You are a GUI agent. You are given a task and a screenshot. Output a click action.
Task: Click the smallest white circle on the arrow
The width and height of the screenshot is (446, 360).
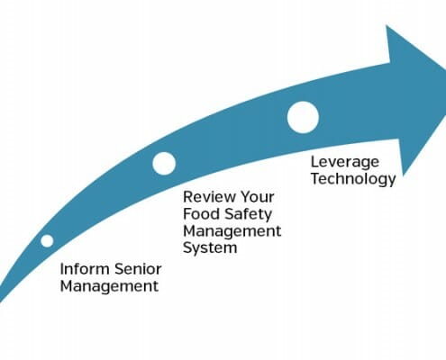pos(47,240)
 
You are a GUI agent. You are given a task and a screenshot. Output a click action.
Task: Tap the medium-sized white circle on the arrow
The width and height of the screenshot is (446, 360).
pos(164,164)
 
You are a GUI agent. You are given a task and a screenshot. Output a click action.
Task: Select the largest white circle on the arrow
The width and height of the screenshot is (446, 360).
pos(303,117)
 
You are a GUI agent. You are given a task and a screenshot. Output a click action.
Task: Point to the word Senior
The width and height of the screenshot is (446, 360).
pos(138,269)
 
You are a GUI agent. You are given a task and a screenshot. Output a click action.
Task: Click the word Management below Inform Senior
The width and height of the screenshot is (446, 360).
pos(109,286)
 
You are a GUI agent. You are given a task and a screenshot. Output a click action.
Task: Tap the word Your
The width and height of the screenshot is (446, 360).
pos(258,197)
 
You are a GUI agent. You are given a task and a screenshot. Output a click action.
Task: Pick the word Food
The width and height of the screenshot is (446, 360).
pos(201,214)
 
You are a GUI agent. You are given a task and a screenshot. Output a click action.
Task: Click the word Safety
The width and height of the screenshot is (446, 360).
pos(248,215)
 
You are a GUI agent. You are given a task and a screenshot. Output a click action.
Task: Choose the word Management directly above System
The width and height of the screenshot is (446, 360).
pos(232,231)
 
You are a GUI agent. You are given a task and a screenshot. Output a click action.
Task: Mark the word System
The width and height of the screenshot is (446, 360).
pos(210,248)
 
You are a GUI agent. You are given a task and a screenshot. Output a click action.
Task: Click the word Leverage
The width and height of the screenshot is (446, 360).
pos(345,163)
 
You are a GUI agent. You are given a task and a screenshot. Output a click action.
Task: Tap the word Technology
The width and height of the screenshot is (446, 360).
pos(353,179)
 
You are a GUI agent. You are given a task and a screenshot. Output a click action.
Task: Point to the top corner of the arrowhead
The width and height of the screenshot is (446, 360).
pos(387,25)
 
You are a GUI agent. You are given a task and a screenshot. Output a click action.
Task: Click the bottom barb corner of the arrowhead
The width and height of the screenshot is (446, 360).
pos(403,176)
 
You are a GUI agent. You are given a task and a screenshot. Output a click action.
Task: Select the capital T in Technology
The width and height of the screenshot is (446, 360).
pos(316,178)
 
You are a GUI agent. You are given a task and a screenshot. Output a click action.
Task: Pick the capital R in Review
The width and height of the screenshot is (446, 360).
pos(188,197)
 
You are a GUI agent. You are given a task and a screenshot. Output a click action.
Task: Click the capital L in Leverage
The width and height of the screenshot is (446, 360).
pos(315,162)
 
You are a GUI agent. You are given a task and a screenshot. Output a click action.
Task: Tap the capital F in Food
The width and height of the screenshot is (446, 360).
pos(187,214)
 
